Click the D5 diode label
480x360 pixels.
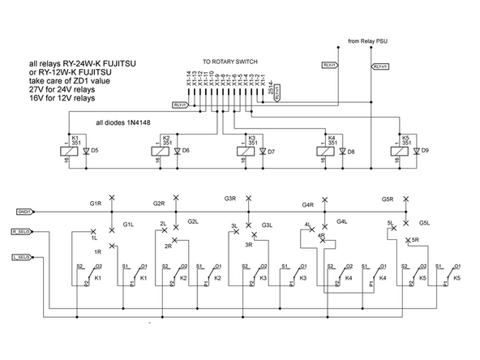coord(95,151)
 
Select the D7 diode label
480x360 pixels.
coord(271,152)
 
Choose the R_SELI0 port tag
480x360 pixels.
coord(22,232)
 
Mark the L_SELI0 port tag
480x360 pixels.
coord(22,256)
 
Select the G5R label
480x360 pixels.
coord(388,199)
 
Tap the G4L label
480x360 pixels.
coord(342,221)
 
